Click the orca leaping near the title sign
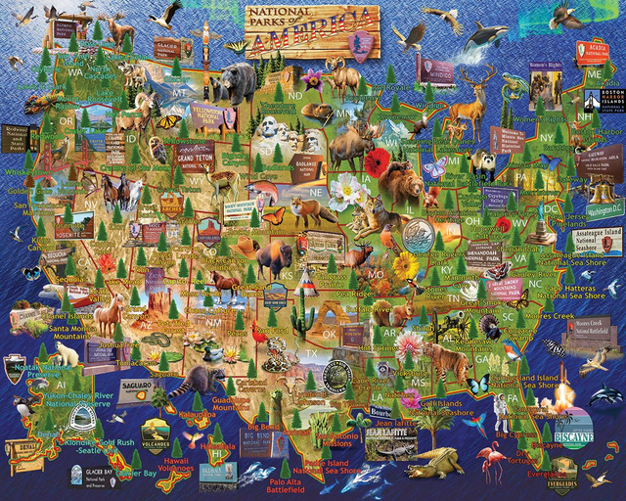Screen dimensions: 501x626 tap(486, 38)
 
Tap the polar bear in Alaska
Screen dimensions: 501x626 tap(66, 351)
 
